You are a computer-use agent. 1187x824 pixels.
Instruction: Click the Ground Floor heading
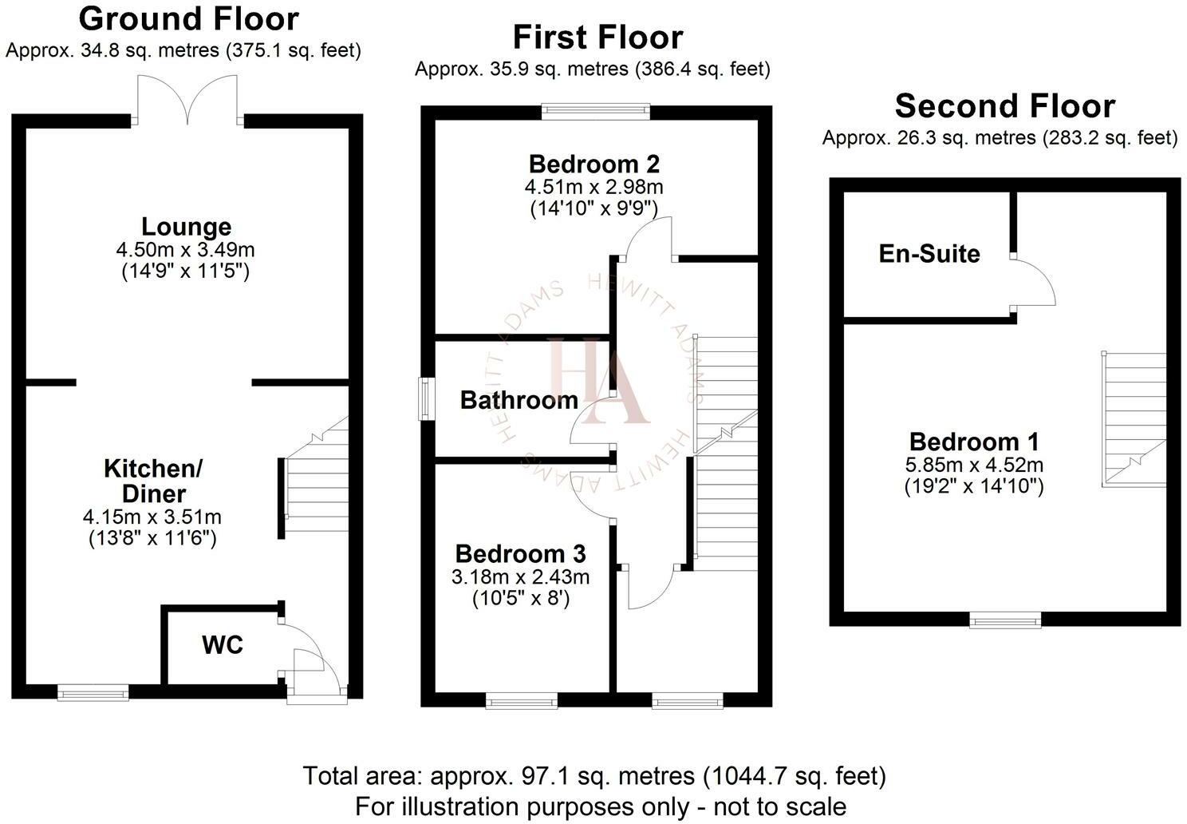click(188, 20)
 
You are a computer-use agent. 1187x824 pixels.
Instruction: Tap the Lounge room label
click(186, 227)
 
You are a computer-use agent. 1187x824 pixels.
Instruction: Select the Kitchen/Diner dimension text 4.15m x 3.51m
click(152, 517)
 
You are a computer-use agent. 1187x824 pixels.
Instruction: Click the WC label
click(223, 645)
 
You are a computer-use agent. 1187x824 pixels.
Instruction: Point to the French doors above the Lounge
click(187, 100)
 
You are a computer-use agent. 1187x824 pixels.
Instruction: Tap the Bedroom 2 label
click(594, 164)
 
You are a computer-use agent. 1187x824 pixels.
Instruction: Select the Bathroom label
click(519, 400)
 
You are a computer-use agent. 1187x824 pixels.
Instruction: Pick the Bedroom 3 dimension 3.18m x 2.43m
click(520, 577)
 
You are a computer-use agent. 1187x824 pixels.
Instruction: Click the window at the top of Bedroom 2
click(596, 110)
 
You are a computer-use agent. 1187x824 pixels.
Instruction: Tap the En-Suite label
click(929, 253)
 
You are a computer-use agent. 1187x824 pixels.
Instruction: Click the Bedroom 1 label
click(974, 442)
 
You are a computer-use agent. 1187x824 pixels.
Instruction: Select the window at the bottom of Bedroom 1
click(1005, 620)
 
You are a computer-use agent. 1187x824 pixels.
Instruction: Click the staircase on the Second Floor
click(1134, 419)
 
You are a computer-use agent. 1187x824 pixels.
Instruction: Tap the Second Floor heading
click(1004, 106)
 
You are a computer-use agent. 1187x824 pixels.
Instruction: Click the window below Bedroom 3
click(522, 700)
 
